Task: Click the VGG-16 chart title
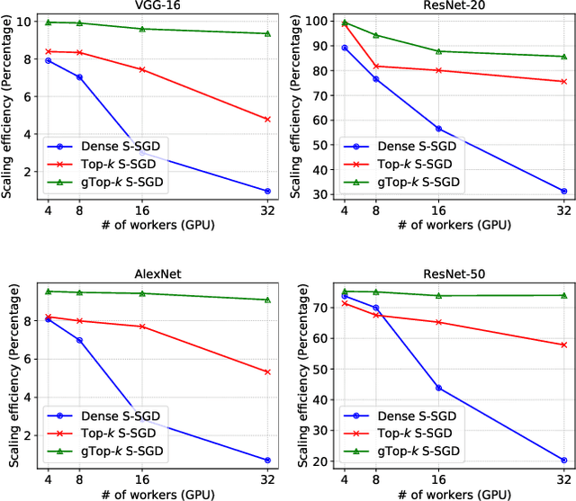tap(150, 7)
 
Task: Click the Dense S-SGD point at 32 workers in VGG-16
tap(267, 191)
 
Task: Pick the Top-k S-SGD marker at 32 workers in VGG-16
tap(267, 119)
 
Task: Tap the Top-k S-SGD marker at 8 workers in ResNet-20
tap(375, 66)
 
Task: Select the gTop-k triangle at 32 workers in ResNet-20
tap(564, 57)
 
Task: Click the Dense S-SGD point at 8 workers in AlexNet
tap(79, 340)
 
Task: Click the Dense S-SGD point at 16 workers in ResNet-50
tap(438, 388)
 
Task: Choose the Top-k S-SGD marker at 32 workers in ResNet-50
tap(564, 344)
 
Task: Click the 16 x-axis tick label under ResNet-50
tap(438, 479)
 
